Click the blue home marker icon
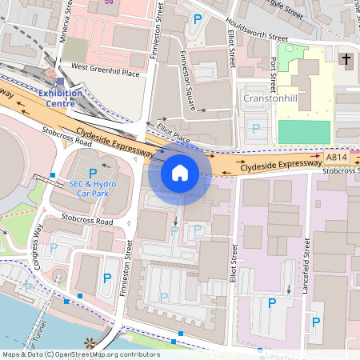(x=180, y=172)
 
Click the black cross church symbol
(x=346, y=59)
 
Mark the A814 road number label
(x=337, y=158)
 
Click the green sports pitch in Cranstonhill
(x=304, y=132)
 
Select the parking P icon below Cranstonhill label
(x=256, y=128)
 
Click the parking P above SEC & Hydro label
(x=92, y=173)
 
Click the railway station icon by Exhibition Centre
(x=60, y=81)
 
